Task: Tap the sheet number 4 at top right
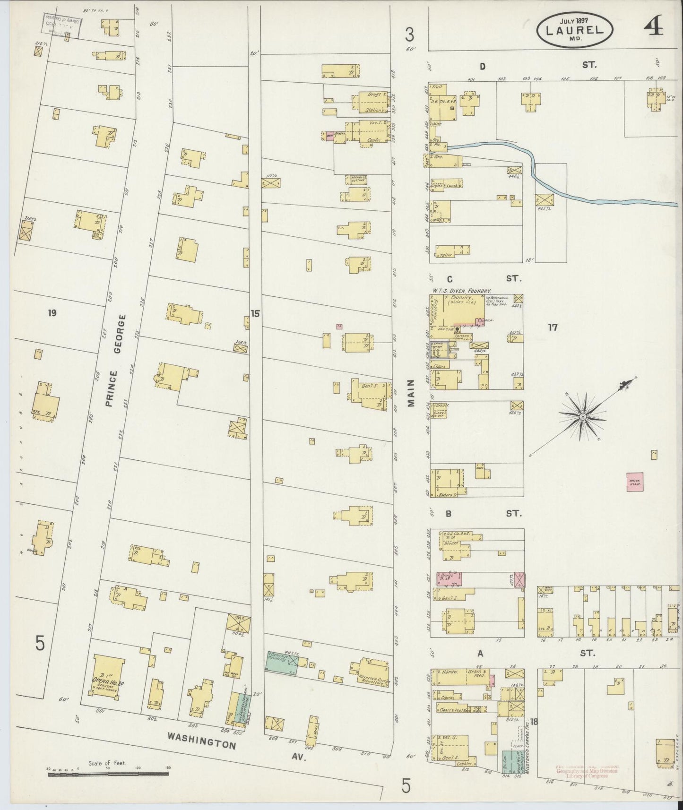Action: (653, 28)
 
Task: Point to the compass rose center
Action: (583, 416)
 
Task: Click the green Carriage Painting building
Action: (282, 662)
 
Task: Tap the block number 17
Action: (553, 327)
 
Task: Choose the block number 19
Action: (52, 312)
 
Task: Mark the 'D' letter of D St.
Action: (482, 66)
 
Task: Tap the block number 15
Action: (255, 313)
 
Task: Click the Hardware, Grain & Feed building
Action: (463, 677)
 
